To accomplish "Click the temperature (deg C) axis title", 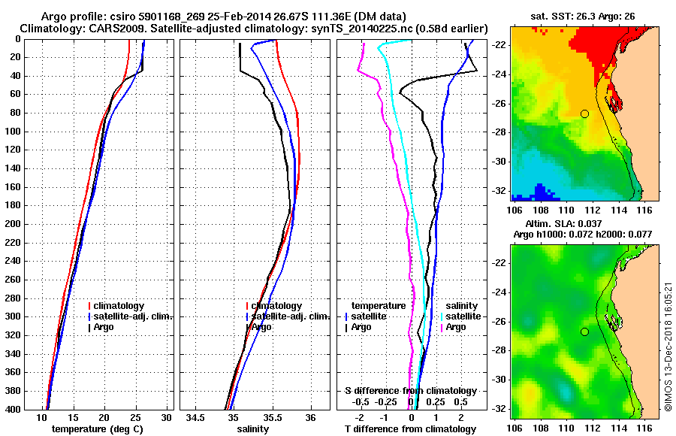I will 97,429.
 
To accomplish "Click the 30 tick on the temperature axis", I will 166,417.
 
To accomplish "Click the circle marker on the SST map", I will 584,114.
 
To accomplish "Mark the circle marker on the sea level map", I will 584,332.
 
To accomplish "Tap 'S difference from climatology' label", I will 411,391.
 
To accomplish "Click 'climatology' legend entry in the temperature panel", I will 123,307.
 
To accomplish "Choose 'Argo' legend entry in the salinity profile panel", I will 261,328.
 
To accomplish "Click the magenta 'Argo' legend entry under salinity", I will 456,328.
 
